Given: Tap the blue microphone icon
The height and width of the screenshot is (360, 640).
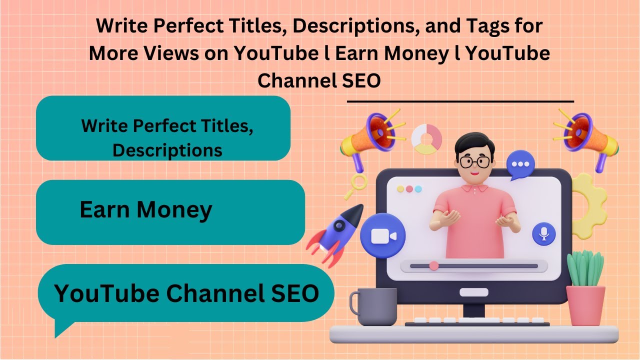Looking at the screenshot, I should [544, 233].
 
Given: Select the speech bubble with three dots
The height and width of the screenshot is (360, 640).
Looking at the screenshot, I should [520, 165].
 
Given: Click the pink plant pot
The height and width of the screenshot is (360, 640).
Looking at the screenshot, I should [585, 304].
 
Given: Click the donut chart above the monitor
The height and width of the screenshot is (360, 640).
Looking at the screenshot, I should [426, 139].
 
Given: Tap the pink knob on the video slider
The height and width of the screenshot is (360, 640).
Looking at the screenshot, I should [434, 265].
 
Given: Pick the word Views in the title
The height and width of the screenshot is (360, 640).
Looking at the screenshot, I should [169, 53].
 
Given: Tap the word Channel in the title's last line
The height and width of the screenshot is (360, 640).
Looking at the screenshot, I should [290, 80].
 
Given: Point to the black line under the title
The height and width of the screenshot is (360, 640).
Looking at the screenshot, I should [460, 101].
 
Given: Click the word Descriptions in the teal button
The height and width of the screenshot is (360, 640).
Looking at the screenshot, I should [167, 150].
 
